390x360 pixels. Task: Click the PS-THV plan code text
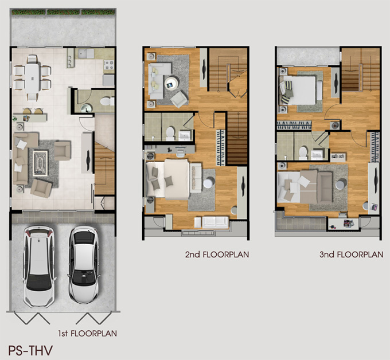tap(30, 350)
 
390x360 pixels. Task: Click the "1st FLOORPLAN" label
tap(88, 334)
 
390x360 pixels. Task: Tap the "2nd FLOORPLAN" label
tap(217, 255)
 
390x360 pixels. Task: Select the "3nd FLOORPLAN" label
tap(351, 255)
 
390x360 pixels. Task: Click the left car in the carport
tap(39, 266)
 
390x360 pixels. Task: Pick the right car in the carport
tap(84, 264)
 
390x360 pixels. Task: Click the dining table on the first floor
tap(32, 78)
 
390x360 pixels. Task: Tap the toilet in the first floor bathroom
tap(107, 101)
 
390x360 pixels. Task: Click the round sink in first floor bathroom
tap(87, 108)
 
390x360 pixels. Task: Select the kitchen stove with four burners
tap(109, 65)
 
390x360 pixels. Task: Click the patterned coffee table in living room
tap(40, 163)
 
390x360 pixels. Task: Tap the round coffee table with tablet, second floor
tap(171, 83)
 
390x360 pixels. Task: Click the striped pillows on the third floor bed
tap(287, 92)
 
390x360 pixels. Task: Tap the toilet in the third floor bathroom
tap(303, 153)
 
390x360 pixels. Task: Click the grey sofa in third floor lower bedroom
tap(325, 187)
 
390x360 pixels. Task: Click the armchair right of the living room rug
tap(62, 150)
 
